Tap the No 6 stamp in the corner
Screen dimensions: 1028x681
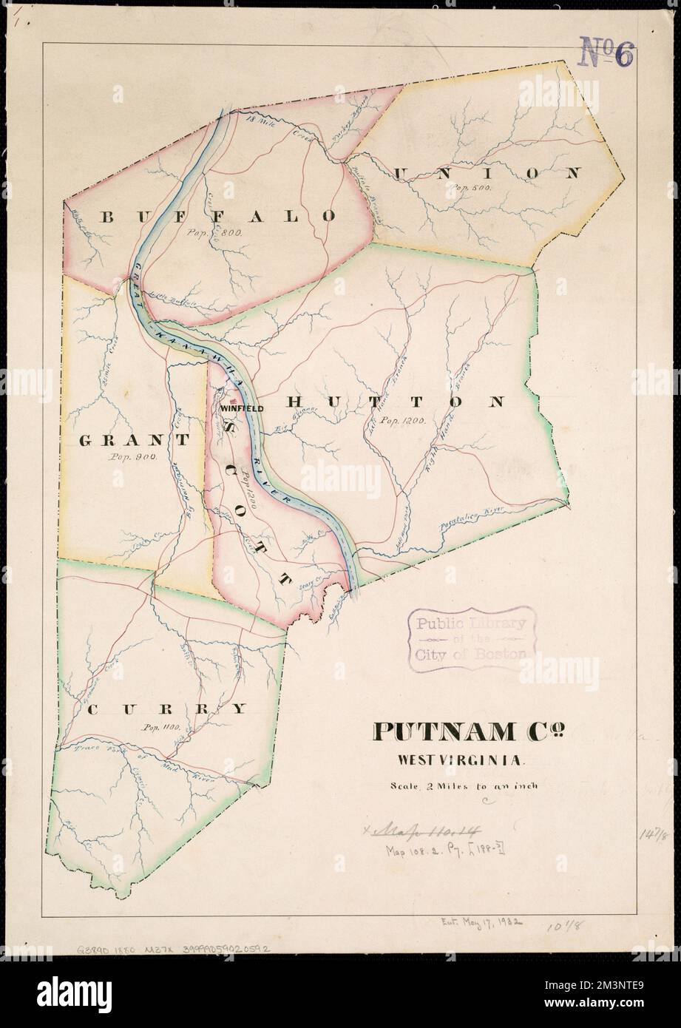coord(608,54)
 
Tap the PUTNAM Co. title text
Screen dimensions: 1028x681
coord(471,731)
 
